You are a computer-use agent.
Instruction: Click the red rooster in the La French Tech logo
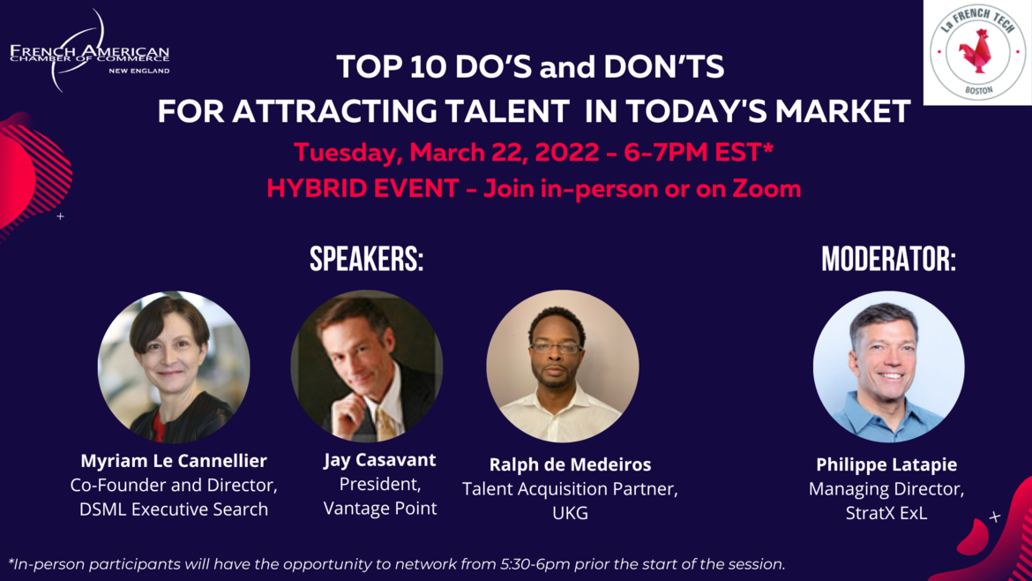click(976, 52)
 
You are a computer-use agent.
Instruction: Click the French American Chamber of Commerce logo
click(89, 51)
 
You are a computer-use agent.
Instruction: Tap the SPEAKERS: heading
click(367, 259)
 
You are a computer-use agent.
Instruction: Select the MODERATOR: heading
click(888, 259)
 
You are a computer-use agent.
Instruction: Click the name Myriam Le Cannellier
click(174, 460)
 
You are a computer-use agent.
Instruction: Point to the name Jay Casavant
click(380, 460)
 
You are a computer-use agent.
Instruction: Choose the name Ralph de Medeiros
click(570, 464)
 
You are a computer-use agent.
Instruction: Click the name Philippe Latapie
click(886, 464)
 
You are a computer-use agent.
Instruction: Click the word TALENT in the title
click(504, 111)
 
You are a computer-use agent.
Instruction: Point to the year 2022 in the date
click(567, 153)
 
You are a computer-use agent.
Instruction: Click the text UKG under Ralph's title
click(570, 513)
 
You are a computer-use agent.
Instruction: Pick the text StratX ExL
click(886, 513)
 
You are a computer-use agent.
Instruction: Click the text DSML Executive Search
click(174, 509)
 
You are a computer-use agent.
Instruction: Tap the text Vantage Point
click(380, 509)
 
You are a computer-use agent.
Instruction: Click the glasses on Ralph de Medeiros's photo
click(557, 347)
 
